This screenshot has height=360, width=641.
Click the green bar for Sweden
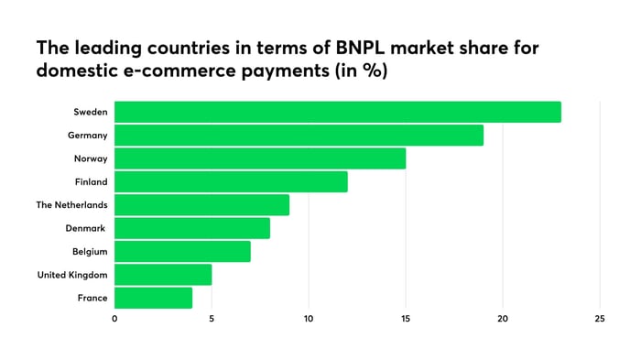[x=337, y=112]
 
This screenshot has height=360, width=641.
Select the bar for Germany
[x=299, y=136]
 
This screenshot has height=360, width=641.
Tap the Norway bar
[x=260, y=158]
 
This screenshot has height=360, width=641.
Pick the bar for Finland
[x=231, y=181]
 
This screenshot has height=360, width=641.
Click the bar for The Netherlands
[x=201, y=204]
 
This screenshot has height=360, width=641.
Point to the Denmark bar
[x=192, y=228]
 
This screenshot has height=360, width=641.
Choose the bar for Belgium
[x=182, y=251]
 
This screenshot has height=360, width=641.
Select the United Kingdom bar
[x=163, y=275]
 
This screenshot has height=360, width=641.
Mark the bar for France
[x=153, y=298]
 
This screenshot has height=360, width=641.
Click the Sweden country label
[x=90, y=112]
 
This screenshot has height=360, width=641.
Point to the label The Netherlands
[x=71, y=204]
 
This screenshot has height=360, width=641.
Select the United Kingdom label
[x=72, y=275]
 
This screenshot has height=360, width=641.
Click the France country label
[x=92, y=298]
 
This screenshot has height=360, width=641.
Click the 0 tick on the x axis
[x=114, y=319]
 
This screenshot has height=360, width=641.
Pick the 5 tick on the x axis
[x=212, y=319]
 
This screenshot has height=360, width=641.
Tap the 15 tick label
[x=406, y=319]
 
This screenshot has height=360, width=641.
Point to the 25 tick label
[x=599, y=319]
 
